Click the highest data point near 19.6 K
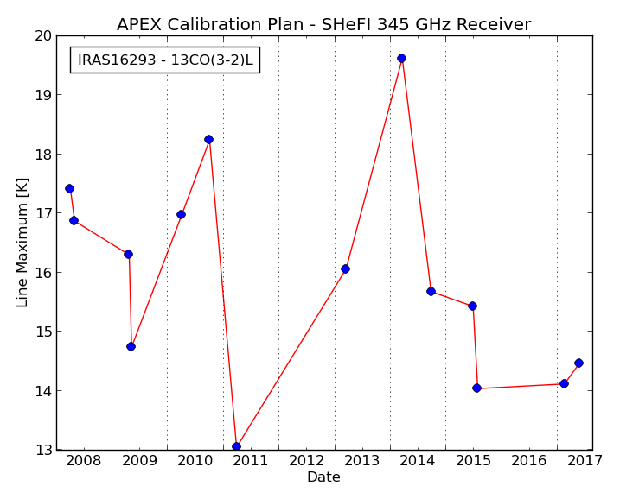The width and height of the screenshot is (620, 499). pos(401,59)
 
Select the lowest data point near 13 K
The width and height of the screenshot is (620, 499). pos(236,447)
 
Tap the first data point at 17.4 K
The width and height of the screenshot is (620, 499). pos(69,189)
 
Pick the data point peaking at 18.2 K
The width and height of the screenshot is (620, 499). pos(208,139)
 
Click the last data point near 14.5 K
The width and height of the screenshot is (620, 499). pos(578,363)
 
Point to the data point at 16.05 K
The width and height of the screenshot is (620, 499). pos(345,269)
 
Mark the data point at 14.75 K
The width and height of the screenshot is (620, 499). pos(131,346)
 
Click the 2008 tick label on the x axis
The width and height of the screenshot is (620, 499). pos(83,461)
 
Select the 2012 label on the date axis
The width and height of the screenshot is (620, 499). pos(306,461)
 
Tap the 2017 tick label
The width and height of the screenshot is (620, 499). pos(585,461)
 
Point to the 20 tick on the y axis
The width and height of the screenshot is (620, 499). pos(43,36)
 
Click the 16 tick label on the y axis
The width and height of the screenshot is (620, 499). pos(43,273)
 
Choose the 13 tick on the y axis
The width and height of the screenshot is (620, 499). pos(44,450)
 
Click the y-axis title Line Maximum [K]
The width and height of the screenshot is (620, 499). pos(22,243)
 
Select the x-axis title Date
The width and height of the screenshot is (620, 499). pos(324,477)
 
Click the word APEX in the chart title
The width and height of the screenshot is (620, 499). pos(139,24)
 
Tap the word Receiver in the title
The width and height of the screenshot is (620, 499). pos(494,24)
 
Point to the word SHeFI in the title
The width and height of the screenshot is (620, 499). pos(346,24)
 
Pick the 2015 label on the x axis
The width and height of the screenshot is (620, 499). pos(473,461)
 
